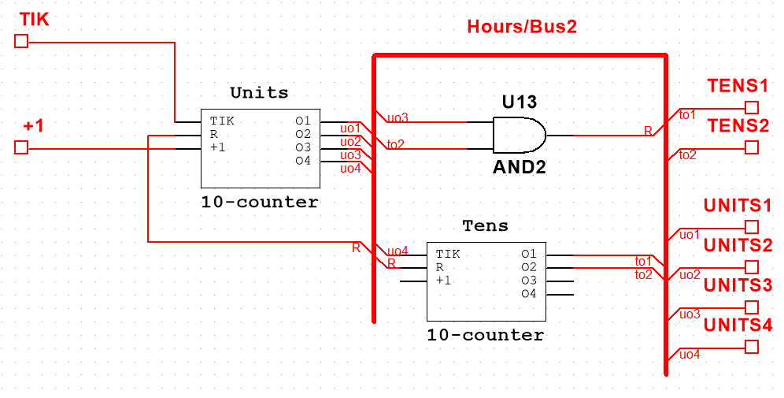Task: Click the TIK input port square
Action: pyautogui.click(x=21, y=41)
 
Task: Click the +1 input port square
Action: pyautogui.click(x=21, y=147)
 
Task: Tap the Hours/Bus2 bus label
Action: pyautogui.click(x=522, y=27)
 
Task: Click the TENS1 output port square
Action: pyautogui.click(x=752, y=107)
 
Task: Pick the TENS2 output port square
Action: pyautogui.click(x=752, y=147)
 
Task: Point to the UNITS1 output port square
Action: pyautogui.click(x=752, y=227)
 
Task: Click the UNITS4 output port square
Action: pyautogui.click(x=752, y=347)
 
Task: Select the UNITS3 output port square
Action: pyautogui.click(x=752, y=307)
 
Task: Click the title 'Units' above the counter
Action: pyautogui.click(x=259, y=92)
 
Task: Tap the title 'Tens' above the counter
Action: pyautogui.click(x=485, y=225)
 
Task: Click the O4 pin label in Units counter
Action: pyautogui.click(x=303, y=161)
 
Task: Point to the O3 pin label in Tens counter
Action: pyautogui.click(x=528, y=281)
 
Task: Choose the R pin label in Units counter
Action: pyautogui.click(x=214, y=134)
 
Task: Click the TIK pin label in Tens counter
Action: pyautogui.click(x=448, y=254)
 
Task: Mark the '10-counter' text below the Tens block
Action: pyautogui.click(x=485, y=335)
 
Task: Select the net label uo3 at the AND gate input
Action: pyautogui.click(x=398, y=117)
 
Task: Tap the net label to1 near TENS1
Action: pyautogui.click(x=687, y=114)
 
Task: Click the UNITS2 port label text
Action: pyautogui.click(x=738, y=245)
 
